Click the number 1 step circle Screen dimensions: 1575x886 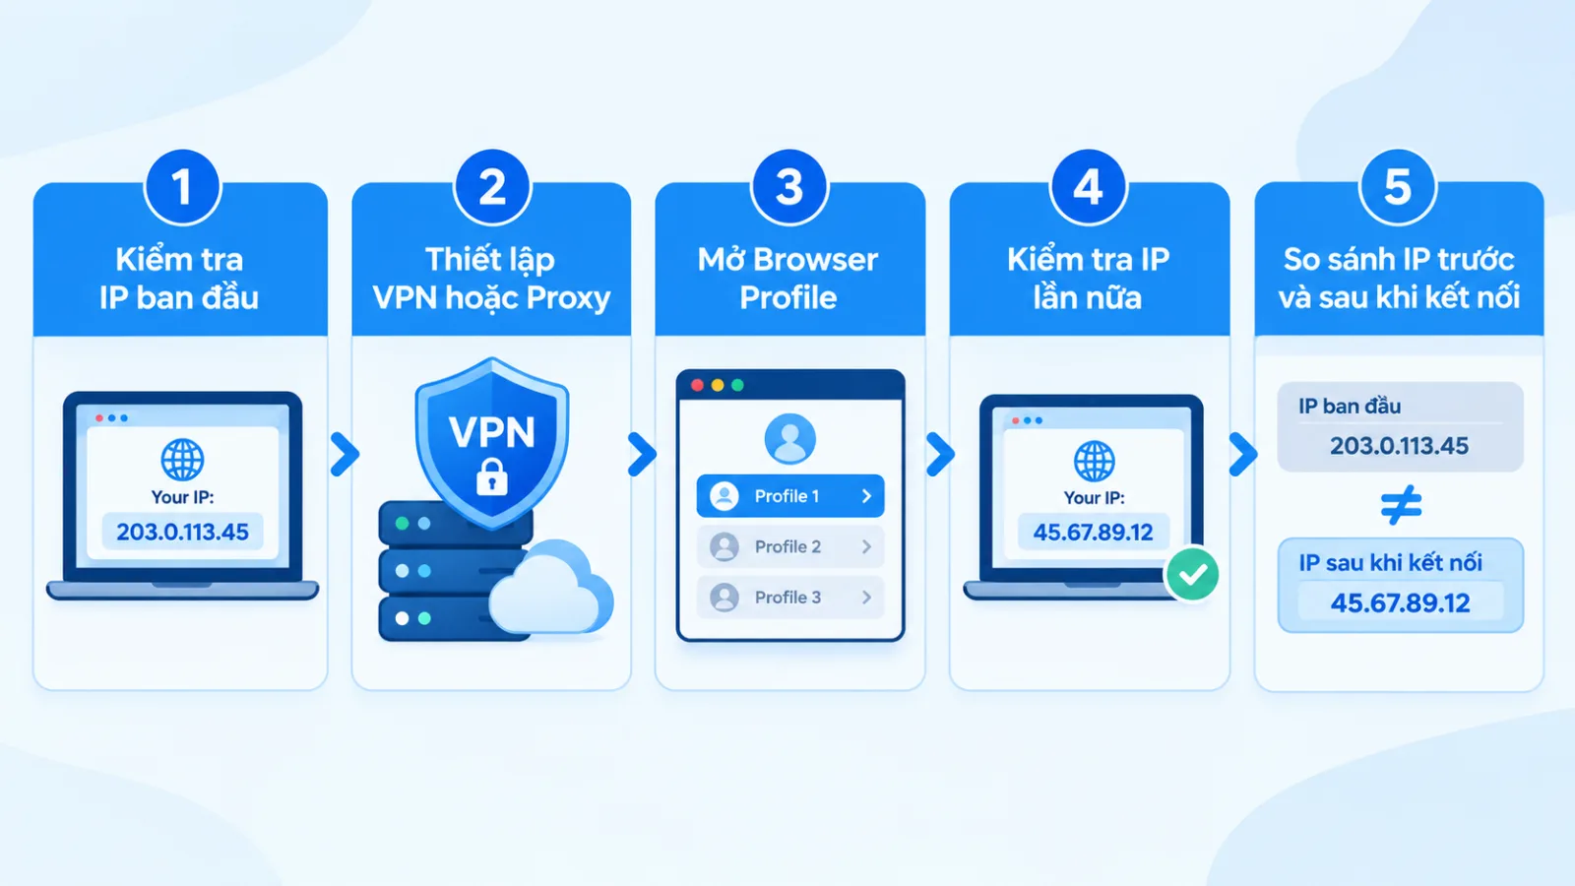coord(182,187)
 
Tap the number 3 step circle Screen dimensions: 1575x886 coord(788,187)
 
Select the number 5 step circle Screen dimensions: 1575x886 coord(1398,187)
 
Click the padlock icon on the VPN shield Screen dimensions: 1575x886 coord(491,477)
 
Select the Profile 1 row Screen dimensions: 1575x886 coord(790,496)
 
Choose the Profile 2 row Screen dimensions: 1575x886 coord(790,547)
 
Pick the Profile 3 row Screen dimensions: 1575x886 coord(790,598)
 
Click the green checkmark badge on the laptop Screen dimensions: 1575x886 coord(1192,575)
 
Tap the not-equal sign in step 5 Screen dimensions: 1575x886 coord(1401,505)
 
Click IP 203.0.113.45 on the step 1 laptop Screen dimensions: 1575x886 coord(183,533)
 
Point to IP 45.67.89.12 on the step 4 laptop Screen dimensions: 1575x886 coord(1094,533)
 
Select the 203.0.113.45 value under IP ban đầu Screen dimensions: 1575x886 coord(1399,446)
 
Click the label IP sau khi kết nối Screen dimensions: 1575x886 coord(1390,562)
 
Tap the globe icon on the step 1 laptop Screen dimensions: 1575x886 coord(182,460)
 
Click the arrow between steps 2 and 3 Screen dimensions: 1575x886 coord(642,454)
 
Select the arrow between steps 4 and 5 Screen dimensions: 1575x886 coord(1243,454)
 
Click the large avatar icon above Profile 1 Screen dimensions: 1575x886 coord(789,439)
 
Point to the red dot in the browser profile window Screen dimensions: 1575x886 coord(697,385)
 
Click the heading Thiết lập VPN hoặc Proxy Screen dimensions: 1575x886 coord(491,279)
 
